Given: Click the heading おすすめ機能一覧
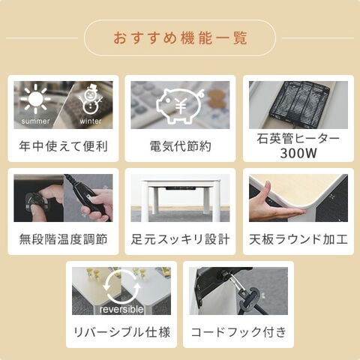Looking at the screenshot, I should click(x=180, y=37).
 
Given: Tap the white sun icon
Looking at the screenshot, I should click(x=34, y=99).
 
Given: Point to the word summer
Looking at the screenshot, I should click(x=36, y=121).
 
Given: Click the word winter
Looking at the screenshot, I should click(x=91, y=121).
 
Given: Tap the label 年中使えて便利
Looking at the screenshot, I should click(x=63, y=146).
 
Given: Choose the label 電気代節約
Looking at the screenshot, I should click(x=180, y=146).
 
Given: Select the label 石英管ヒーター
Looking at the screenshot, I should click(x=298, y=139).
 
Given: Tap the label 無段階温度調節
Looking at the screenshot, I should click(x=63, y=240).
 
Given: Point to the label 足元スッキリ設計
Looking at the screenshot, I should click(x=180, y=240).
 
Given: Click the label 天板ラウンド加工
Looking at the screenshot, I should click(x=298, y=240).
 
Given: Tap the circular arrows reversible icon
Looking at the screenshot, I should click(x=121, y=288).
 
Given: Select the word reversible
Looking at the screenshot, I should click(x=121, y=310).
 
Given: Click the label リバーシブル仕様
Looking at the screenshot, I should click(x=121, y=332).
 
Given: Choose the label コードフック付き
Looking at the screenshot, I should click(x=238, y=332).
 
